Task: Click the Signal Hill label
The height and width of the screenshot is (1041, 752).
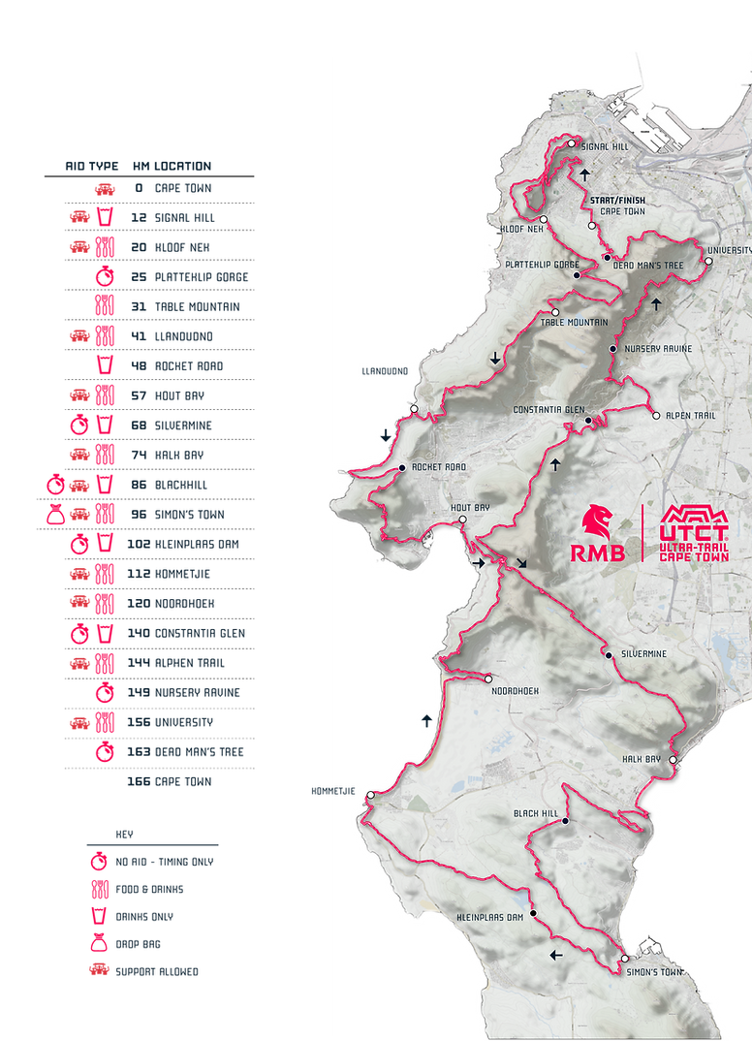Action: pos(604,149)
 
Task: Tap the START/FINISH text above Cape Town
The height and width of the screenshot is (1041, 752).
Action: pos(617,201)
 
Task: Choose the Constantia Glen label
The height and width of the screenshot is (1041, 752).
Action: pos(548,409)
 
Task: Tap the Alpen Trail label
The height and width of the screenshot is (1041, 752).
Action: pos(691,416)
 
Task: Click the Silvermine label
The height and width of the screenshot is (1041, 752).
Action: pos(647,655)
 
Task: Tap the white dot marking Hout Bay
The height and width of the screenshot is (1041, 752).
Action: pos(463,520)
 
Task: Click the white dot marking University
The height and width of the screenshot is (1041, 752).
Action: pos(708,261)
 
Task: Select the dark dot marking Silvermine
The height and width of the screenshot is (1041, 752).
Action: pos(609,656)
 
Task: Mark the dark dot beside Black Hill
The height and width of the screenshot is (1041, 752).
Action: pos(565,821)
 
